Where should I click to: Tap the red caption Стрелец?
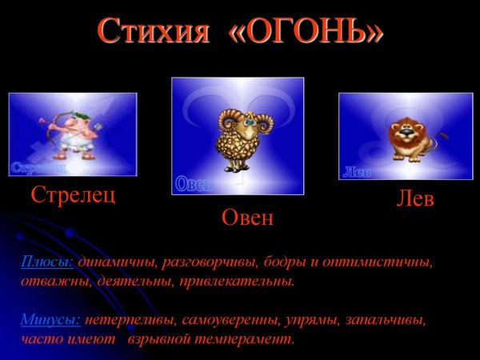click(73, 195)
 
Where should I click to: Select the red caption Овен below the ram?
click(247, 218)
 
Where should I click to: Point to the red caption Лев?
click(415, 199)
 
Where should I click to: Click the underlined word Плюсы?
click(47, 262)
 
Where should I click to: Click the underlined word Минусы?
click(50, 320)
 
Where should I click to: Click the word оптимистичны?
click(382, 262)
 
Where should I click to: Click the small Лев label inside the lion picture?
click(355, 172)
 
